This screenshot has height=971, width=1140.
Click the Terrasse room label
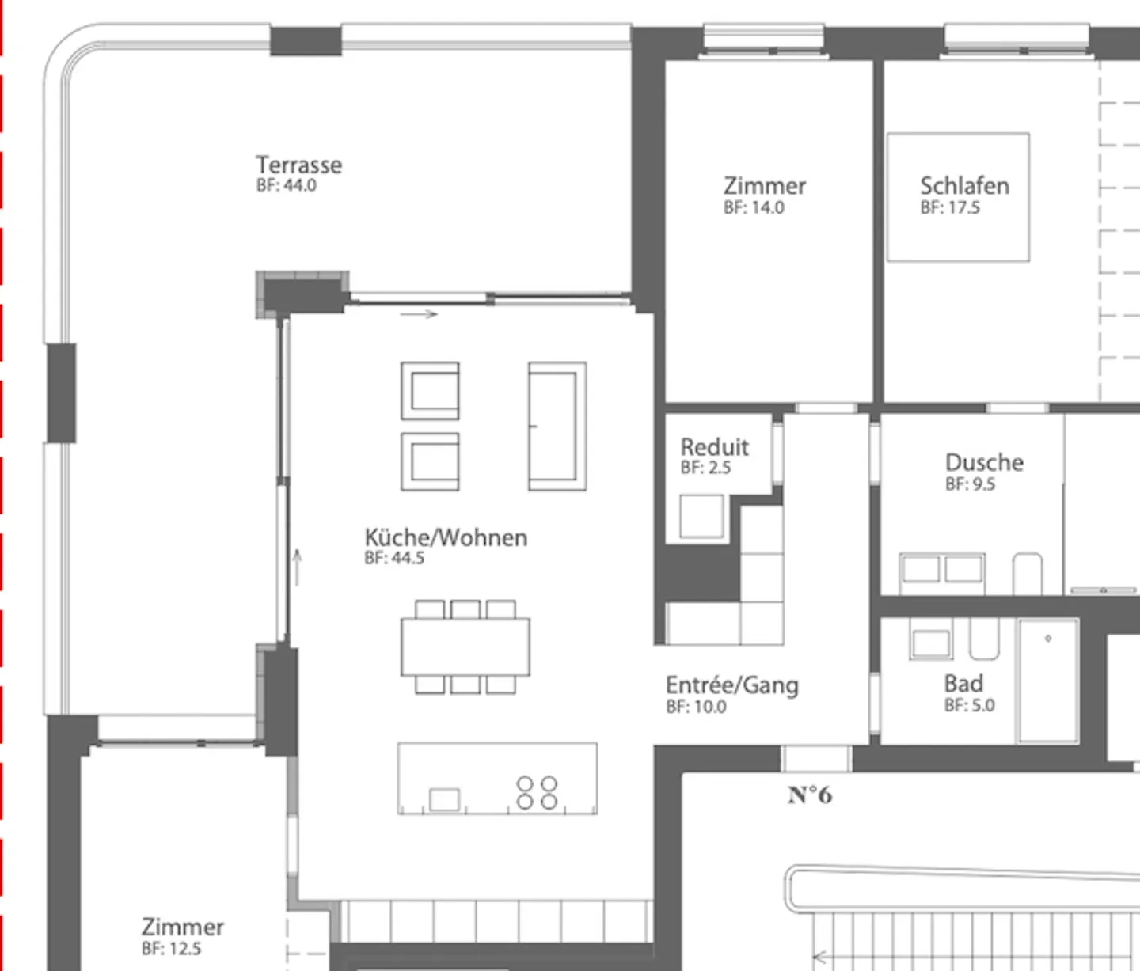(x=298, y=165)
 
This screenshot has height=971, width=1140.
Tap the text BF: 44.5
(x=394, y=558)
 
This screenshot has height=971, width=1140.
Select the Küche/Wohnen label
(x=446, y=537)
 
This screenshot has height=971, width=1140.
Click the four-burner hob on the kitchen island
(x=537, y=792)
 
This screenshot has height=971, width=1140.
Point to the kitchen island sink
(x=444, y=799)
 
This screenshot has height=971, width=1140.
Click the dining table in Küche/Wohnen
(x=465, y=647)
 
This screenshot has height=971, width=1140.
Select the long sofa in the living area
(x=557, y=426)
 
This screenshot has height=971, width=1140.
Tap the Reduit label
(x=714, y=446)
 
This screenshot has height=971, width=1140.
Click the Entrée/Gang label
(x=731, y=685)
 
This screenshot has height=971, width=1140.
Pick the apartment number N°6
(x=810, y=795)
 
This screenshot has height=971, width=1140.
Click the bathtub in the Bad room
(x=1048, y=681)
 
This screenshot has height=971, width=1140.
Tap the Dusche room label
(x=984, y=462)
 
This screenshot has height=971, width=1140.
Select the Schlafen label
(x=964, y=185)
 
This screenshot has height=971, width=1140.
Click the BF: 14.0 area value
(x=754, y=207)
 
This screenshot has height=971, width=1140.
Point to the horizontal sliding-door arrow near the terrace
(x=419, y=314)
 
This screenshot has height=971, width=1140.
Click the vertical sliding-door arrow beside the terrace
(x=298, y=567)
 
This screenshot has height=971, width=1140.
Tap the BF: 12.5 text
(x=171, y=948)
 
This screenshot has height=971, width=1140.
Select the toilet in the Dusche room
(x=1028, y=571)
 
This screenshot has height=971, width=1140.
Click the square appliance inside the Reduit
(x=701, y=516)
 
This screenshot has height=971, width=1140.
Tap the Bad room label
(x=963, y=683)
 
